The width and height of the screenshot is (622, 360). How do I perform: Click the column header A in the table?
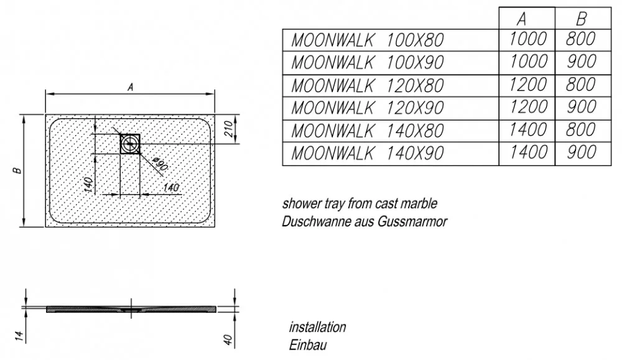(522, 19)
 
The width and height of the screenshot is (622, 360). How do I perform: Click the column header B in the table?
(581, 19)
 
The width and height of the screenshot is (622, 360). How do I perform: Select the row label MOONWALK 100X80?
(368, 40)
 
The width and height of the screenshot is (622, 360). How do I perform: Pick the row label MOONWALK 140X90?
(368, 154)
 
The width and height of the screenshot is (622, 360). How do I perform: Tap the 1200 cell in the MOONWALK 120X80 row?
(527, 85)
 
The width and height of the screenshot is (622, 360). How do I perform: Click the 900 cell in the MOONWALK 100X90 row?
(581, 62)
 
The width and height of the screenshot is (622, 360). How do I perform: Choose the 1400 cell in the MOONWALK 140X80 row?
(527, 130)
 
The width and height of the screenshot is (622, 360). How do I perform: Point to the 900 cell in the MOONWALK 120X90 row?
(581, 107)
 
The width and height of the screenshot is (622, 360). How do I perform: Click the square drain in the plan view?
(130, 144)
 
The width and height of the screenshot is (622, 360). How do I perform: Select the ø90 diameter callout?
(160, 164)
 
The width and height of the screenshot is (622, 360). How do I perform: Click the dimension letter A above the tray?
(130, 87)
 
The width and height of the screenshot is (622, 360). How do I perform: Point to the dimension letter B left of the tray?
(17, 170)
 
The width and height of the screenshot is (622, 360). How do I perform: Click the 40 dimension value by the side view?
(228, 339)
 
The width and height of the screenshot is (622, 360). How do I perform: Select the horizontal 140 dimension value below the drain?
(171, 187)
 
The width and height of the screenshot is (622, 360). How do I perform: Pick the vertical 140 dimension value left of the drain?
(88, 185)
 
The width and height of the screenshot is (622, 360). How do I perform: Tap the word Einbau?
(308, 345)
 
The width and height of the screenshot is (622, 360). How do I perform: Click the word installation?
(317, 327)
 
